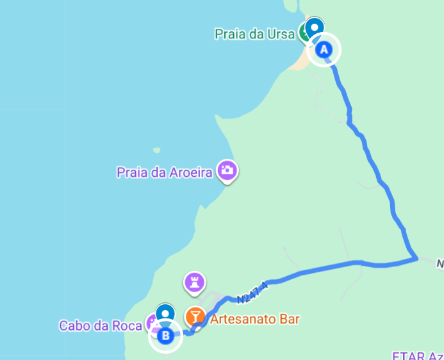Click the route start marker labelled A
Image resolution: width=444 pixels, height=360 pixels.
(324, 49)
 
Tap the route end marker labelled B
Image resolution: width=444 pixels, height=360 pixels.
(166, 335)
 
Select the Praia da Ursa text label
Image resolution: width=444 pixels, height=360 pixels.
(254, 33)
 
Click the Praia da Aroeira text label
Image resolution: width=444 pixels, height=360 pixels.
(165, 172)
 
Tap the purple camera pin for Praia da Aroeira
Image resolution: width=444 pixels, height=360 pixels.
(227, 170)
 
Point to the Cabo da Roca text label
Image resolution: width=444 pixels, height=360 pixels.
(101, 325)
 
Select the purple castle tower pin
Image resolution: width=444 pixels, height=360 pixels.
(194, 282)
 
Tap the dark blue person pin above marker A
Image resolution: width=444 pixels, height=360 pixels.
(314, 28)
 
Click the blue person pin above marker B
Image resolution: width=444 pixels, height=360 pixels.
(165, 313)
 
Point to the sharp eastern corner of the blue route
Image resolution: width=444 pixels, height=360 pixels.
(416, 259)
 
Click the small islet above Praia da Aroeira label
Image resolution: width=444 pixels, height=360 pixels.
(156, 151)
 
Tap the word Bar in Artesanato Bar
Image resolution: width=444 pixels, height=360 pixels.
(290, 318)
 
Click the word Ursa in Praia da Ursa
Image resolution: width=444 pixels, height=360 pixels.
(281, 33)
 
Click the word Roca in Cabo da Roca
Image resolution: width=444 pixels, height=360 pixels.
(128, 325)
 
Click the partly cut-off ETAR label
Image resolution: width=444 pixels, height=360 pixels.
(417, 355)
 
